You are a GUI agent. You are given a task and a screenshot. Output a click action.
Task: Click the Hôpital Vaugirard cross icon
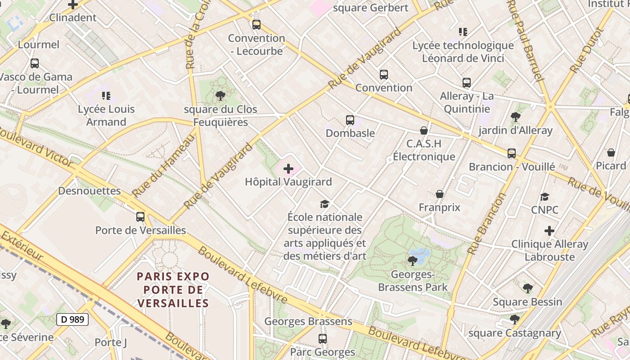(x=288, y=169)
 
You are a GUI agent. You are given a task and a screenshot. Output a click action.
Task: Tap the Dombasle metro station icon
(x=350, y=120)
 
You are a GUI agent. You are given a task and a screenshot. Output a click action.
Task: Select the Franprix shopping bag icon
(x=440, y=194)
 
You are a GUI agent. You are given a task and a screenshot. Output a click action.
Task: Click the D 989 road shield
(x=72, y=319)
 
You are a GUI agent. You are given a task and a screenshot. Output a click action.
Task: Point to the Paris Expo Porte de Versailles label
(x=174, y=289)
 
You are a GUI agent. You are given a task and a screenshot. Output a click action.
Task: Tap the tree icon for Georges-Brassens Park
(x=412, y=261)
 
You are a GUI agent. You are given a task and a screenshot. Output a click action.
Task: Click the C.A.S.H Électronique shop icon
(x=423, y=130)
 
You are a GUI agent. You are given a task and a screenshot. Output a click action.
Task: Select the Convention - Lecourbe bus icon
(x=256, y=25)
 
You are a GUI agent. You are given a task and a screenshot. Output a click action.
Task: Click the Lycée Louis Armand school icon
(x=106, y=95)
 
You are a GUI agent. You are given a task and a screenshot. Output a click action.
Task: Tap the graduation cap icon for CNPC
(x=544, y=197)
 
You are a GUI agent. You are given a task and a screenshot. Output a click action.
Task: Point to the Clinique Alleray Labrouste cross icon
(x=549, y=231)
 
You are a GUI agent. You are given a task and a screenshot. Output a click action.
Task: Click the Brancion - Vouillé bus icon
(x=512, y=153)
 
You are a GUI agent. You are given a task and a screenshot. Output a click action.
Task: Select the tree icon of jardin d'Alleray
(x=516, y=117)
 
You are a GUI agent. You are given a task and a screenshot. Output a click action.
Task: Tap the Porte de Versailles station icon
(x=140, y=217)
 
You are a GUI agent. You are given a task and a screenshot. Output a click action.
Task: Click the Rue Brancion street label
(x=486, y=224)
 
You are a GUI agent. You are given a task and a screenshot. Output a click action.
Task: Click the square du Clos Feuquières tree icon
(x=220, y=95)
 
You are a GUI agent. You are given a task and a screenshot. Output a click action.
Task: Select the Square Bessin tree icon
(x=527, y=288)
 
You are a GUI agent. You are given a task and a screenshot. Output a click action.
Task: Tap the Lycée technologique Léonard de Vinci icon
(x=463, y=31)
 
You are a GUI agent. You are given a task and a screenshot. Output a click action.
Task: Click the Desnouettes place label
(x=90, y=191)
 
